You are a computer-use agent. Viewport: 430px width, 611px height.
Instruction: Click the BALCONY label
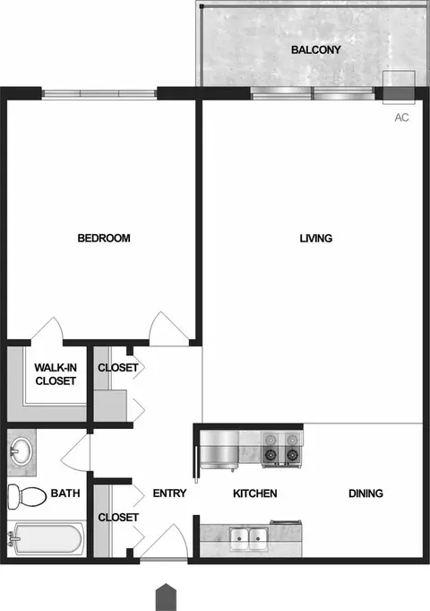coord(315,50)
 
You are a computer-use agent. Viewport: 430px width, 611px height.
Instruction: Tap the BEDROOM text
coord(104,238)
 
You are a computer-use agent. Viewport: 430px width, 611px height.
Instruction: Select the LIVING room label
coord(315,238)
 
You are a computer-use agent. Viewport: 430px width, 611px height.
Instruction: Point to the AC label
coord(401,118)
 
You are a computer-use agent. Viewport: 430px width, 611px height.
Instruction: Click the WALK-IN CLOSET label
coord(56,374)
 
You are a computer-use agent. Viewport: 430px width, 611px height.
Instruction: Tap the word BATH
coord(65,493)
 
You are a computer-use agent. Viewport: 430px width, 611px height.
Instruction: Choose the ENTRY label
coord(169,493)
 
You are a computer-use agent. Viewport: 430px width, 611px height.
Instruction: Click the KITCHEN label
coord(255,493)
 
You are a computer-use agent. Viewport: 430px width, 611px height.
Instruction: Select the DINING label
coord(365,493)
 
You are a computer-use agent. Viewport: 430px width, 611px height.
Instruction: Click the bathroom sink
coord(21,452)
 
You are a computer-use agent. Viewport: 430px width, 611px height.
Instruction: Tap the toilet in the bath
coord(27,495)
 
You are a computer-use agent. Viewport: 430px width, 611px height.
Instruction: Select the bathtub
coord(47,538)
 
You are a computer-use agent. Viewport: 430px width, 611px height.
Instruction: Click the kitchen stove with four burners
coord(281,449)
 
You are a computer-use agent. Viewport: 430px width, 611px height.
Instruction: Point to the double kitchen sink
coord(249,538)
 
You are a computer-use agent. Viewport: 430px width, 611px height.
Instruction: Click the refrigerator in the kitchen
coord(219,449)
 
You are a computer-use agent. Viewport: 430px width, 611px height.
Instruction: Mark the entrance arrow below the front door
coord(166,597)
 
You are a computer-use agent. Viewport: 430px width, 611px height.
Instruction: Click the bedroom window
coord(99,93)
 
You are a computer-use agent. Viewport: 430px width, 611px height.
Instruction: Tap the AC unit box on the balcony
coord(399,87)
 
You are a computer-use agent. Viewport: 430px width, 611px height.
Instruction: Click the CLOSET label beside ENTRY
coord(118,517)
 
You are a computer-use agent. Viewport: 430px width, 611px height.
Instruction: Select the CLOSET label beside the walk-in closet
coord(118,368)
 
